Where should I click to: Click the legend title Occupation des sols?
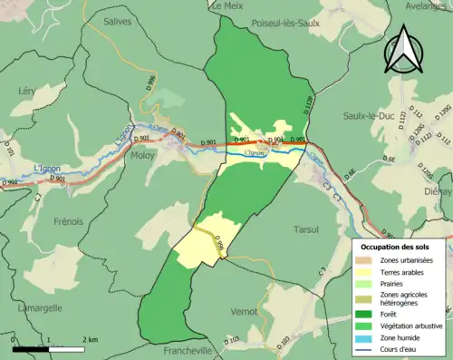(396, 247)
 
